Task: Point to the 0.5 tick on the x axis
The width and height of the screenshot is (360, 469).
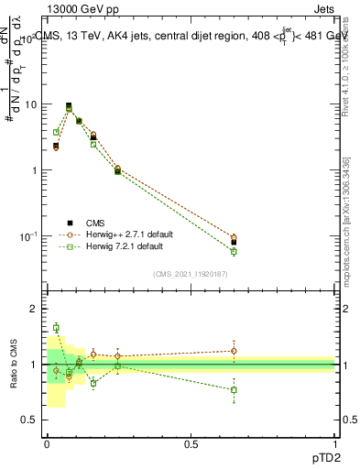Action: [191, 444]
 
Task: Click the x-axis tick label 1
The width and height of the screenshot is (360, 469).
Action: [335, 444]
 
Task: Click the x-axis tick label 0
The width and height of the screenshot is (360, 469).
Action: [47, 444]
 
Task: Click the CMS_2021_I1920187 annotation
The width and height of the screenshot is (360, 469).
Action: [190, 274]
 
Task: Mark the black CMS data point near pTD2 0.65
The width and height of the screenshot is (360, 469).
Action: [234, 243]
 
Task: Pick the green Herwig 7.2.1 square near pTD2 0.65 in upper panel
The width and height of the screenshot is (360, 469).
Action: [234, 251]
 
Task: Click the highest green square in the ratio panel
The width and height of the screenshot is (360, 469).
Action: [56, 327]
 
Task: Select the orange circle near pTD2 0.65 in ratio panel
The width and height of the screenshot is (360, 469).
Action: [234, 351]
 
